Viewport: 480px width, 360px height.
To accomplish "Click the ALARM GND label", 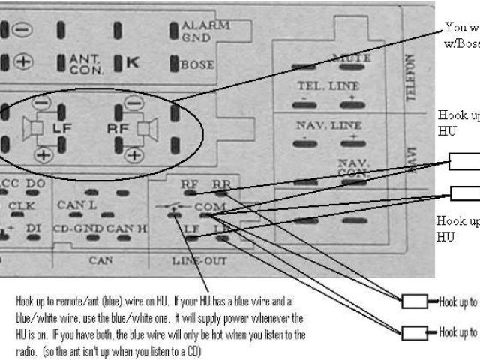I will (205, 31).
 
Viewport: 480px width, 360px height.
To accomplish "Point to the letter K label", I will (132, 63).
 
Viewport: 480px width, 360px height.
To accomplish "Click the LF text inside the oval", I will (61, 129).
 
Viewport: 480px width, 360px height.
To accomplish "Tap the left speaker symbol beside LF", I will (35, 130).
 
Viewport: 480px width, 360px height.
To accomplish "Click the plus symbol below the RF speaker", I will (133, 155).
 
